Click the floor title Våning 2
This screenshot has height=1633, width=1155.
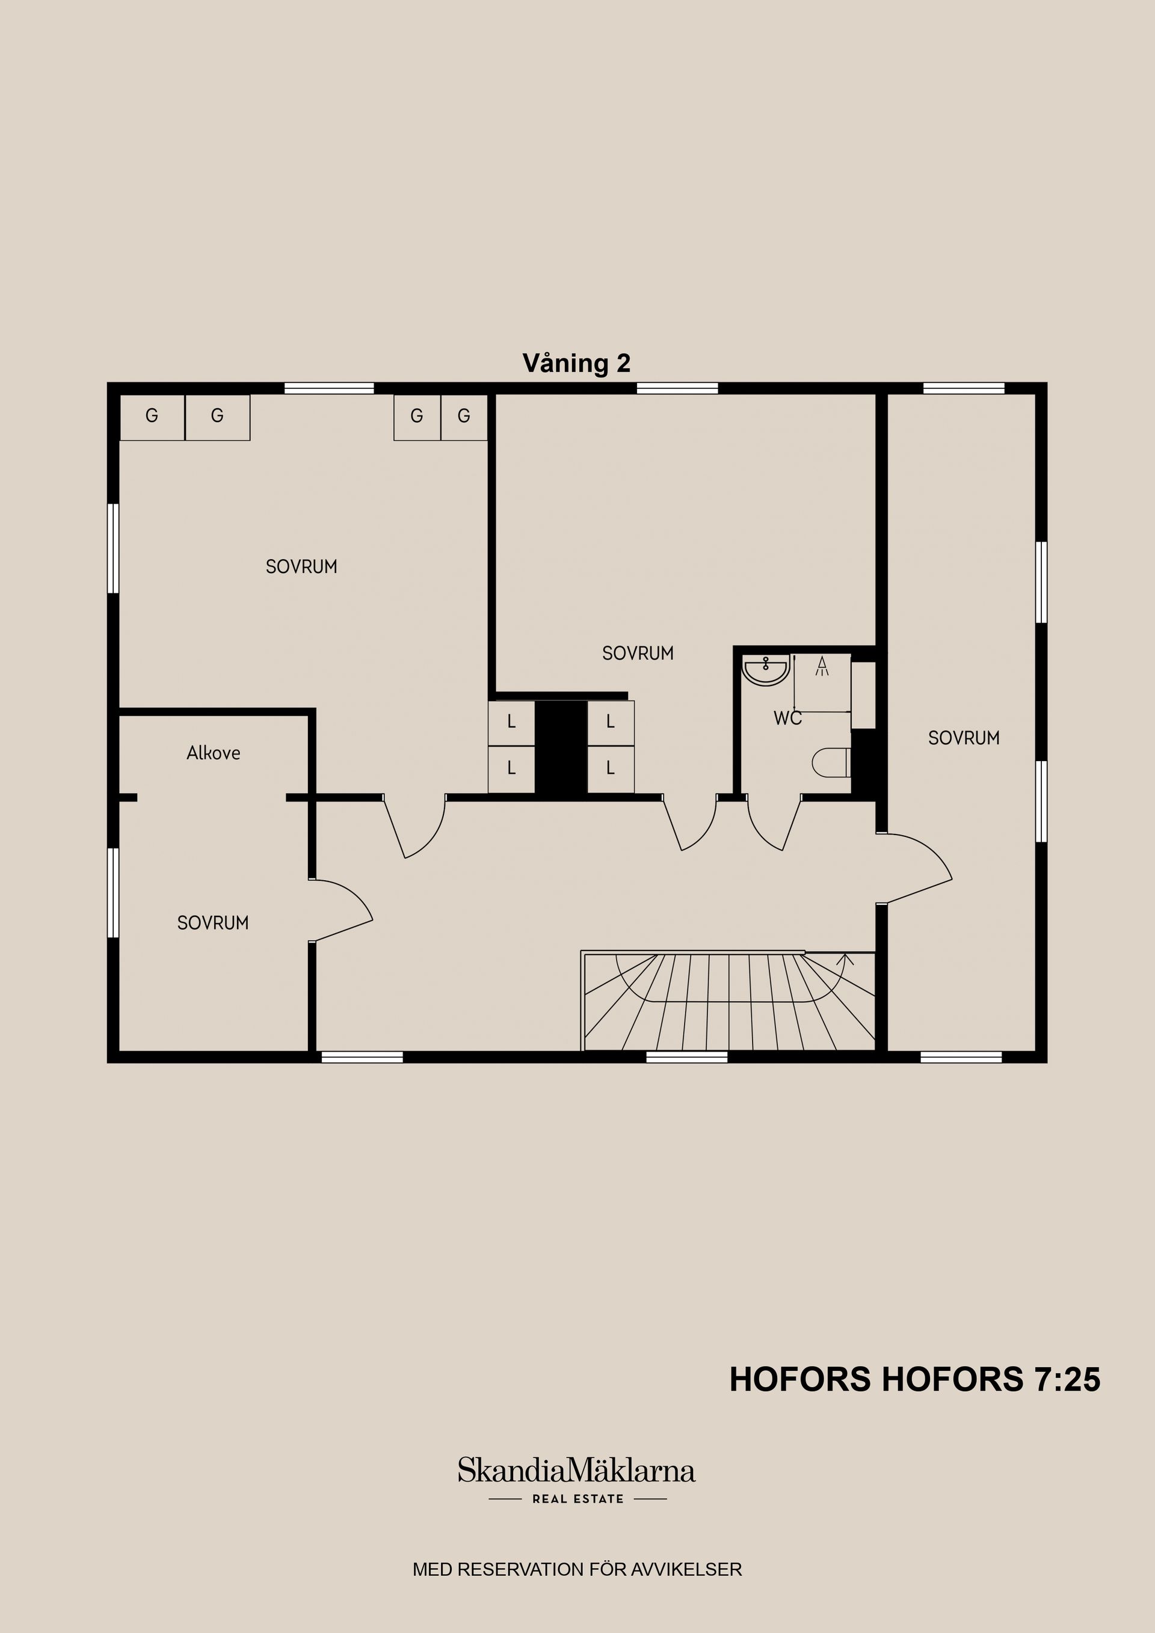(576, 363)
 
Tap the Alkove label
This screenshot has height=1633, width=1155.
(214, 753)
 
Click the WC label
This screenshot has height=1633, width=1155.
(788, 718)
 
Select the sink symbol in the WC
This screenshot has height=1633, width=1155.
(765, 670)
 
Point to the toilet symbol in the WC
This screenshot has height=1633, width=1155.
(831, 762)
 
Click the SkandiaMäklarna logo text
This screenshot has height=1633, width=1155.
(576, 1470)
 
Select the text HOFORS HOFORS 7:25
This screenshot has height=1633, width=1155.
(914, 1380)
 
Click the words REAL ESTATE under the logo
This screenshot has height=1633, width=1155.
(578, 1498)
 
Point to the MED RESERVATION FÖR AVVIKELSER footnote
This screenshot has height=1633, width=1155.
(577, 1569)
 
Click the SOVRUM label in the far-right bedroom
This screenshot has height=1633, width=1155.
(964, 738)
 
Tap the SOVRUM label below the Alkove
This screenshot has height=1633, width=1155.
(213, 923)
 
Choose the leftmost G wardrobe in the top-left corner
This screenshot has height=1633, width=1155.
(152, 417)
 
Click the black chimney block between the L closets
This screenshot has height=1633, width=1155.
(561, 747)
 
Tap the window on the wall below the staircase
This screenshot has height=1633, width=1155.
(687, 1057)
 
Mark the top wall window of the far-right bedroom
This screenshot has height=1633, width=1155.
(964, 388)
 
